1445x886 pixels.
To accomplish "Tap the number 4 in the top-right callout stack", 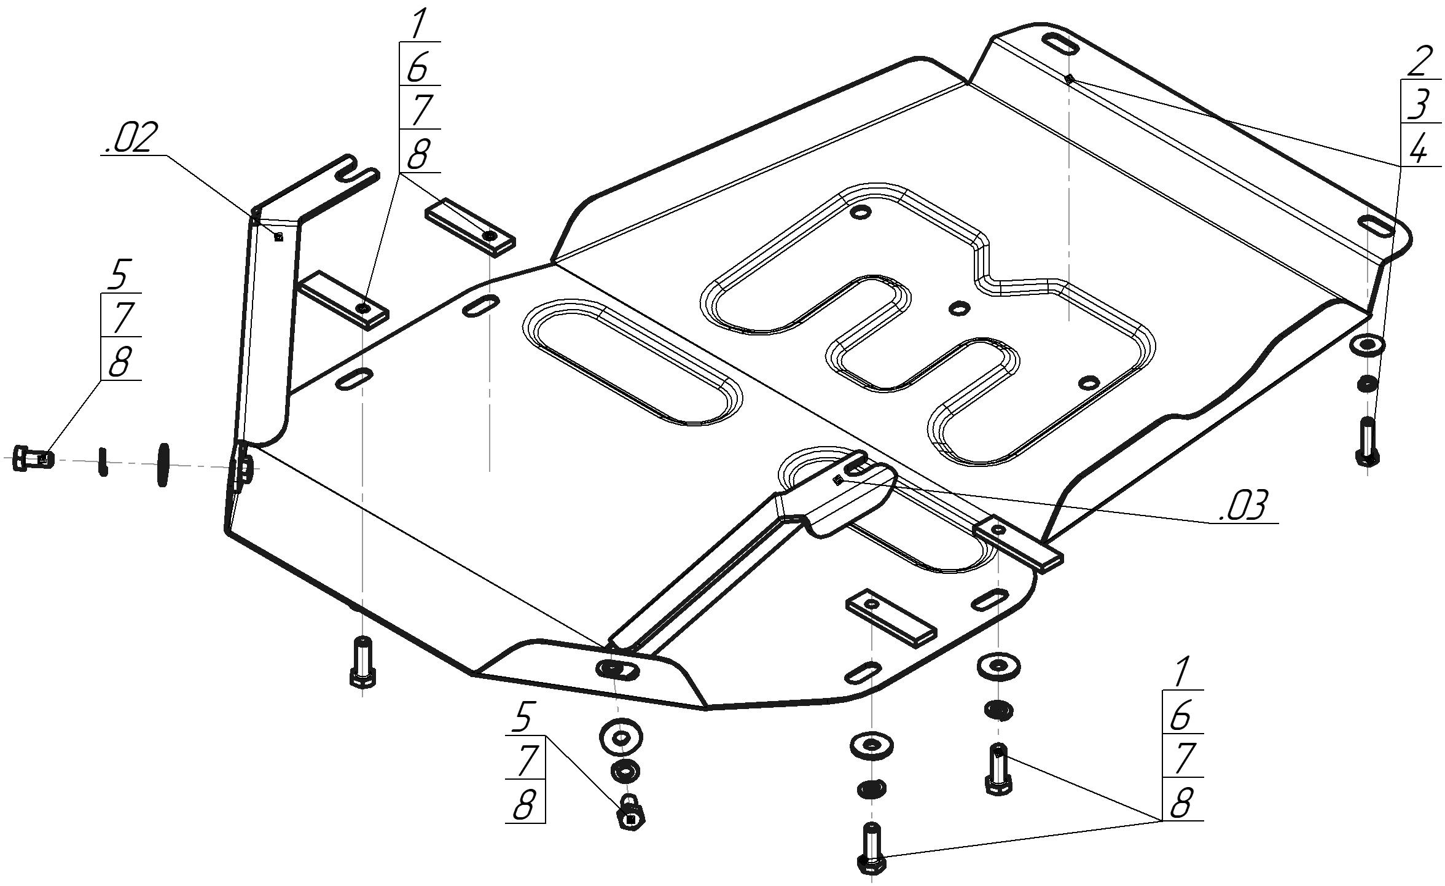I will click(x=1418, y=149).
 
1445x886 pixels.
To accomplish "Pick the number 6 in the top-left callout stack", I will click(x=418, y=67).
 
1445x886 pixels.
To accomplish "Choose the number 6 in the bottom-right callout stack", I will click(x=1180, y=715).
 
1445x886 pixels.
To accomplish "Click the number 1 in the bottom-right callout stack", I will click(x=1180, y=672).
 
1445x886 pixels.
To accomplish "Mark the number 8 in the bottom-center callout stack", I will click(x=523, y=803).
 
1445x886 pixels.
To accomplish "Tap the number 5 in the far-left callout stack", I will click(x=119, y=275).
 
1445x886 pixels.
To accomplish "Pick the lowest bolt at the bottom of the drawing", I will click(x=871, y=848).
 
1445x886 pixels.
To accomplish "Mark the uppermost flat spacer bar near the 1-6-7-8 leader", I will click(x=470, y=226).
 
